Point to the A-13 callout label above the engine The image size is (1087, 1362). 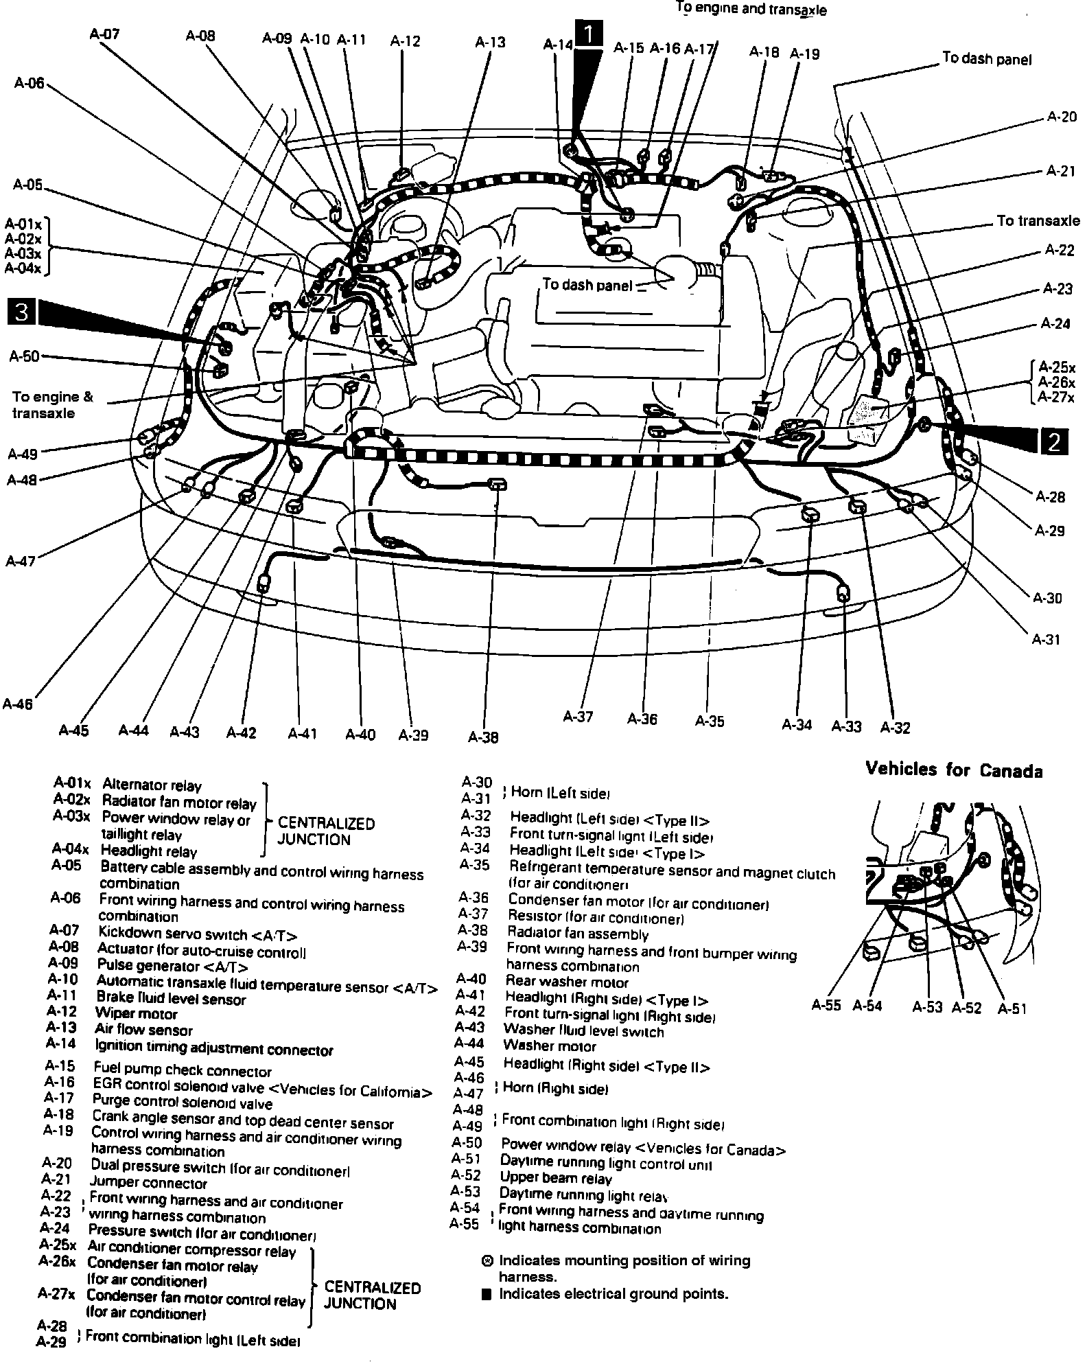coord(490,42)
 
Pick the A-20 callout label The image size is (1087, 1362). coord(1062,117)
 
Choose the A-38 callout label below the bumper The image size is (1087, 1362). coord(483,737)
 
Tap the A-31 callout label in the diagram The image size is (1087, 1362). coord(1047,640)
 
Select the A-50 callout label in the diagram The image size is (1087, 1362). coord(25,356)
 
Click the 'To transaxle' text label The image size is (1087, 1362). coord(1038,221)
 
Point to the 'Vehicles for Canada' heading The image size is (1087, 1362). coord(954,770)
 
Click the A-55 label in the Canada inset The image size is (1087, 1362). coord(826,1006)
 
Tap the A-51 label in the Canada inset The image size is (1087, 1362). coord(1012,1008)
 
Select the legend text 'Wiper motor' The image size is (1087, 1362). coord(136,1014)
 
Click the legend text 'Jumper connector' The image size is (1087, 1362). coord(148,1183)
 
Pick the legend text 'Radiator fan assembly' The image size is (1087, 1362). coord(577,934)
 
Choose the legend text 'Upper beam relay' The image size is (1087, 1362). coord(555,1179)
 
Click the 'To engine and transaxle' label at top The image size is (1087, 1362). coord(751,10)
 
